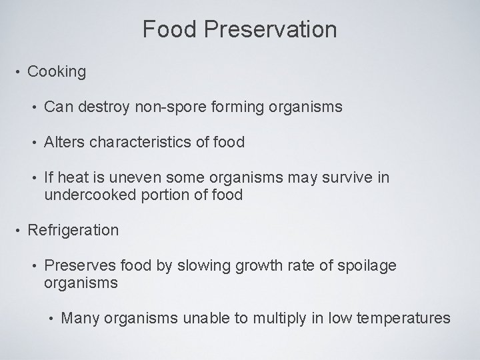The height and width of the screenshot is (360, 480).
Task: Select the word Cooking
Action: (x=57, y=72)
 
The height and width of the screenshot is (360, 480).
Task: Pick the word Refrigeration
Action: (x=73, y=231)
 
